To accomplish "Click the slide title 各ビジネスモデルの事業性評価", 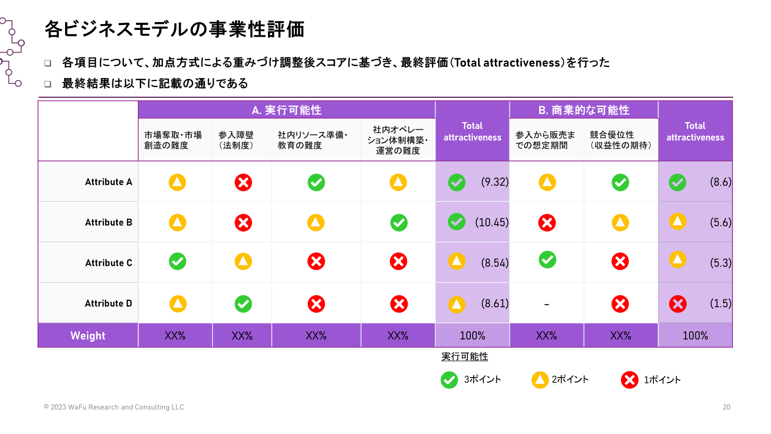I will click(174, 29).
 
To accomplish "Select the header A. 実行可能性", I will click(286, 110).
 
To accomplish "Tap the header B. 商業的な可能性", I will click(584, 110).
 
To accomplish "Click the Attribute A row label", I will click(108, 182).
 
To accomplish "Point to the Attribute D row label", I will click(108, 303).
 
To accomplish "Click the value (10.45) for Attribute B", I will click(492, 222).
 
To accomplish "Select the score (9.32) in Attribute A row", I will click(494, 182).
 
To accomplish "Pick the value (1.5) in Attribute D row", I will click(720, 303).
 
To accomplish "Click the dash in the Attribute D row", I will click(546, 305).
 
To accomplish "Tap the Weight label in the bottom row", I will click(88, 336).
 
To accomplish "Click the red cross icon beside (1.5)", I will click(678, 304).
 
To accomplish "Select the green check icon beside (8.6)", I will click(678, 182).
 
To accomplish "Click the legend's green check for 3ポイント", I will click(449, 380).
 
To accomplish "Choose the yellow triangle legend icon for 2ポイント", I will click(540, 380).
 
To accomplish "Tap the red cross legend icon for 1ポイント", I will click(629, 380).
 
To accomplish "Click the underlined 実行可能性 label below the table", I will click(465, 356).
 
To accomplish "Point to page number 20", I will click(727, 407).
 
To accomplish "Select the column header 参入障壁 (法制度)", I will click(236, 140).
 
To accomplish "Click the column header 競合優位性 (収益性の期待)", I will click(621, 140).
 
